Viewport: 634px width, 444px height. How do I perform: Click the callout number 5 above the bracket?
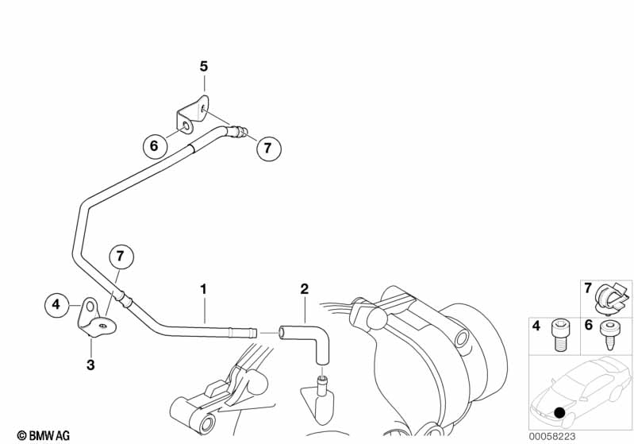(x=204, y=67)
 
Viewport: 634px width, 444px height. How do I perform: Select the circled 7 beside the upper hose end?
(x=267, y=147)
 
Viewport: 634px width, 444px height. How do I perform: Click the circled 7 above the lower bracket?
(x=120, y=256)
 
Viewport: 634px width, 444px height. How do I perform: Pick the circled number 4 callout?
(x=56, y=303)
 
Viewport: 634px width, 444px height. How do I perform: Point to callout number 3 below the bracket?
(x=90, y=365)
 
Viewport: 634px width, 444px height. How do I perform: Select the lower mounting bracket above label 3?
(x=94, y=319)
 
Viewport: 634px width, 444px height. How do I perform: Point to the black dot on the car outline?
(x=560, y=413)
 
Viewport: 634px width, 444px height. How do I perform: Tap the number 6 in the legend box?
(x=589, y=326)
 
